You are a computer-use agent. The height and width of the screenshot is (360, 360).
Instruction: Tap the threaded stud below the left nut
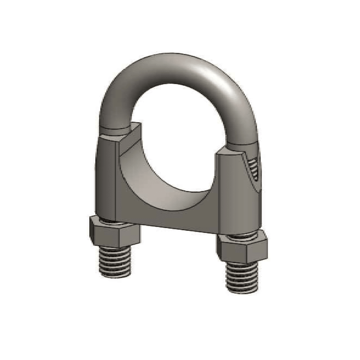[x=115, y=262]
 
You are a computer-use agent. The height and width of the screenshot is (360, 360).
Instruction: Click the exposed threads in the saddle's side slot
[x=254, y=168]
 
